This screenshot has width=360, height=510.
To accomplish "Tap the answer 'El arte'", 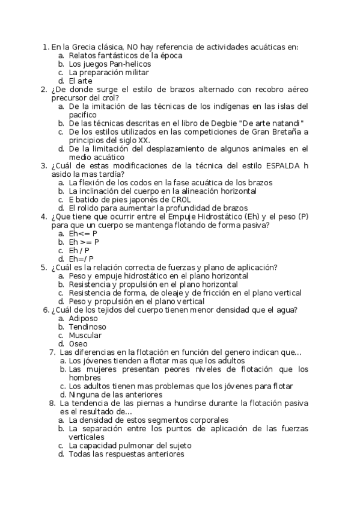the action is point(81,80).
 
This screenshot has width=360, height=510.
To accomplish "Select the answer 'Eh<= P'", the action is point(83,233).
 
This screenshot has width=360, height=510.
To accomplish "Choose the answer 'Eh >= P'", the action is point(84,242).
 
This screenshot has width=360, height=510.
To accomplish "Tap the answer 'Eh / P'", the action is point(79,250).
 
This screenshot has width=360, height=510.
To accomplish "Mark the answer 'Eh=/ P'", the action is point(82,259).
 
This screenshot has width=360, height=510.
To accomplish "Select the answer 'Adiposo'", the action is point(84,318).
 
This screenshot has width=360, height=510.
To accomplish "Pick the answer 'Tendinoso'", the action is point(87,327).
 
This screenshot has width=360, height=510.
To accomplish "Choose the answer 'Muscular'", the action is point(85,335).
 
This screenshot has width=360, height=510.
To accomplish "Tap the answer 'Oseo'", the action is point(78,343).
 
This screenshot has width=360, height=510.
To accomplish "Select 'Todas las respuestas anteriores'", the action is point(126,454).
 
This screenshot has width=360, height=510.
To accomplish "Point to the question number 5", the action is point(43,268).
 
